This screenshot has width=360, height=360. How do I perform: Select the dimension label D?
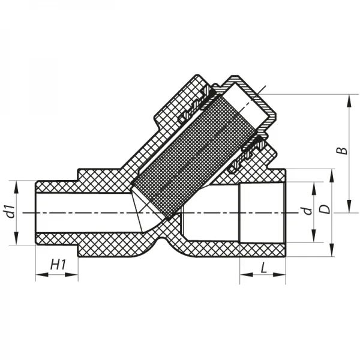point(324,210)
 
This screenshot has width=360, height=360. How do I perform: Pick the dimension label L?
point(263,268)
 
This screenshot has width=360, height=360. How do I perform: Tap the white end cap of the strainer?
point(252,99)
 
